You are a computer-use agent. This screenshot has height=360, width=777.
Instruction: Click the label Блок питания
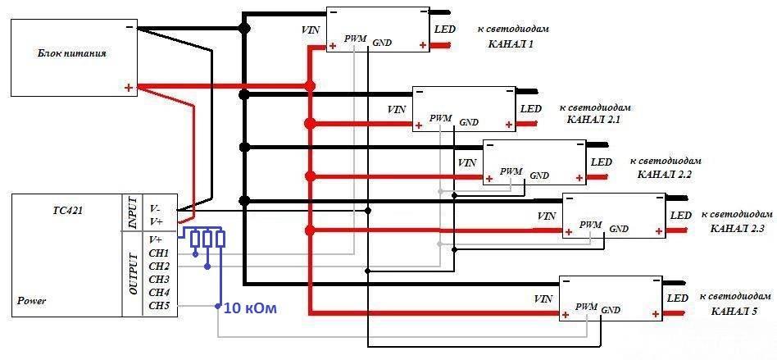[72, 53]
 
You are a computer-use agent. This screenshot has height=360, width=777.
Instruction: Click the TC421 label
[68, 210]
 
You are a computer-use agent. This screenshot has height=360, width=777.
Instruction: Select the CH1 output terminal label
[159, 253]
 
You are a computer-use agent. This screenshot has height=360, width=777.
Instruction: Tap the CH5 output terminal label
[159, 306]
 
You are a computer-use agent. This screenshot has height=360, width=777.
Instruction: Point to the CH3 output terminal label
[159, 280]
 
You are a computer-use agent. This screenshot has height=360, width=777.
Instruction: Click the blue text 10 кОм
[250, 308]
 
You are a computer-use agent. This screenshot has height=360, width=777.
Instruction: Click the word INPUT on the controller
[132, 212]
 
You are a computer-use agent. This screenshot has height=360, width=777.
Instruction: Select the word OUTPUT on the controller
[132, 274]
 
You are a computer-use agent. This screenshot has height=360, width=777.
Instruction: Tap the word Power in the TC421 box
[32, 300]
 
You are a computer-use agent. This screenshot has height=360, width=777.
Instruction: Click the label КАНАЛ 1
[511, 44]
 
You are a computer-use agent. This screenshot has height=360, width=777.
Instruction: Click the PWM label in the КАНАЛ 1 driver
[355, 39]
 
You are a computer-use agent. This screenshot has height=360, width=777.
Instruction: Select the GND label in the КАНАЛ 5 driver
[611, 310]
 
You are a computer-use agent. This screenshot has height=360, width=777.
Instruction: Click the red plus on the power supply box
[129, 89]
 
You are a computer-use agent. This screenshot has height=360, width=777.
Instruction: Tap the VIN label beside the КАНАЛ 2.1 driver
[398, 109]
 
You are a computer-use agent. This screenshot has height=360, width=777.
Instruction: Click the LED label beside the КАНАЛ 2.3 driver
[681, 215]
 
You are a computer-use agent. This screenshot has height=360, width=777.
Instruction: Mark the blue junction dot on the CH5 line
[217, 306]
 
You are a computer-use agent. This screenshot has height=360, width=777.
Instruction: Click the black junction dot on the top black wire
[243, 28]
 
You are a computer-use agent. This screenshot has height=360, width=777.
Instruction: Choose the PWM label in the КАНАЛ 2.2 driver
[511, 171]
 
